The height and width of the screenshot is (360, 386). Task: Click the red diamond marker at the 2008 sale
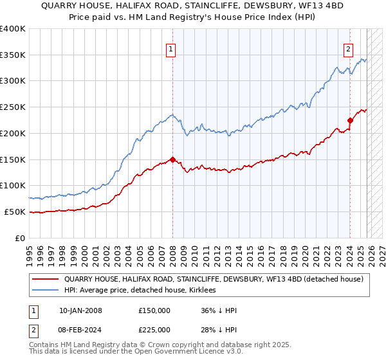(x=172, y=159)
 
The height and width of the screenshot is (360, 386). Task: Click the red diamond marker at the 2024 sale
(x=350, y=120)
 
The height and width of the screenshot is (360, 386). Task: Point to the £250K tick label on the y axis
(x=12, y=107)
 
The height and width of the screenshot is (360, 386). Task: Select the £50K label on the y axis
(x=15, y=212)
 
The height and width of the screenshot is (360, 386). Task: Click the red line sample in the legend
(x=46, y=279)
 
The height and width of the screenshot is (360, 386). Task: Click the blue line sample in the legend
(x=46, y=291)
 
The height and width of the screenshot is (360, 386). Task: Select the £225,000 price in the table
(x=154, y=329)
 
